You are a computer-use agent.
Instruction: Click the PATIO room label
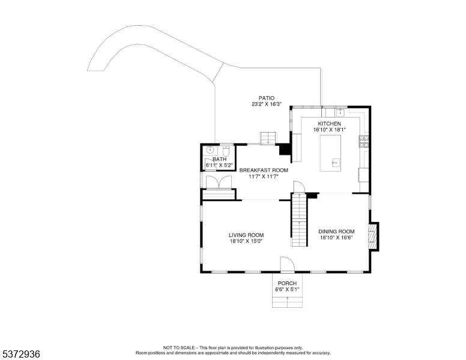coord(267,98)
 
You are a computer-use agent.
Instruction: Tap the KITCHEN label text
coord(330,124)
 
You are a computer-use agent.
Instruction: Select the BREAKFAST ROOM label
coord(264,170)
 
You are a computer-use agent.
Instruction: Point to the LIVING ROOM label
coord(246,235)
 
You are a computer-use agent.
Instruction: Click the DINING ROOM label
coord(336,232)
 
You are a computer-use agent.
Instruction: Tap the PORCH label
coord(287,283)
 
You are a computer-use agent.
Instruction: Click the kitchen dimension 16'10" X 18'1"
coord(330,130)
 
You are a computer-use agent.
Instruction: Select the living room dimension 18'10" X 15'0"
coord(246,241)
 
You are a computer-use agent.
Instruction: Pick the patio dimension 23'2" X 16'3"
coord(267,104)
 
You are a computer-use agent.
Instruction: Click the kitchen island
coord(330,153)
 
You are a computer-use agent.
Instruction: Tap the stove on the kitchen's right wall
coord(364,142)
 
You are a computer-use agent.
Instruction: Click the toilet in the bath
coord(226,151)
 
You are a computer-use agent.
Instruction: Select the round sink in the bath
coord(210,150)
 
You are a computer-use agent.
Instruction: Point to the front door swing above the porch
coord(288,264)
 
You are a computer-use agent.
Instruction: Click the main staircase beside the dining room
coord(299,220)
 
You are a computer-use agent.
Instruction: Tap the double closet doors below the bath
coord(219,182)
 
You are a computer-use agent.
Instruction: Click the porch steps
coord(288,302)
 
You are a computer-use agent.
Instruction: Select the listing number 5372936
coord(20,354)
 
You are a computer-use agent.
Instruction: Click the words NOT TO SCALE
coord(178,347)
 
